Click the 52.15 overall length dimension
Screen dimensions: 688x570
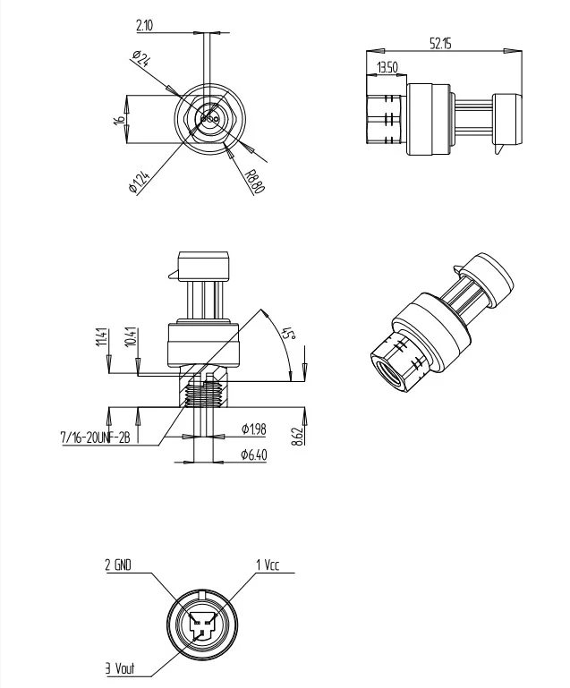[x=440, y=43]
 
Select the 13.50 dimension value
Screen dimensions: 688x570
[x=387, y=67]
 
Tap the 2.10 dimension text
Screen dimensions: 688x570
[x=145, y=26]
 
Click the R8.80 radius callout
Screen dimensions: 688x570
[x=254, y=183]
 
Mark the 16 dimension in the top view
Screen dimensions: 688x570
[x=118, y=120]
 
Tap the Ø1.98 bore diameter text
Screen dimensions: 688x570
[x=255, y=429]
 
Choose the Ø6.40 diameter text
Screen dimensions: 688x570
[x=255, y=455]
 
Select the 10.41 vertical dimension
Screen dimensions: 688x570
[x=131, y=337]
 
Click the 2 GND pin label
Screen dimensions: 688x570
[x=119, y=565]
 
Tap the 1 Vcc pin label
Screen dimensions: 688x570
[x=268, y=565]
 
